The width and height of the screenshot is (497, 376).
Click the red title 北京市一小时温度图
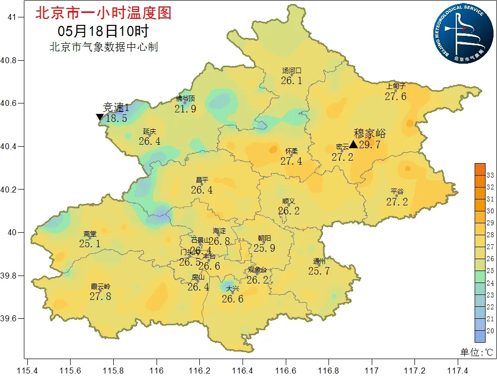(x=103, y=13)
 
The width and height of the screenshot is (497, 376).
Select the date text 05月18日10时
(x=103, y=31)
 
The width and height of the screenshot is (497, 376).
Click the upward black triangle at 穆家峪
(x=353, y=144)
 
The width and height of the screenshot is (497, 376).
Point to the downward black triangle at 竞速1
(x=100, y=117)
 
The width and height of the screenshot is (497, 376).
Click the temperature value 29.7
(x=370, y=145)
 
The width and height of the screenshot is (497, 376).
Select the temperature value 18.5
(x=117, y=118)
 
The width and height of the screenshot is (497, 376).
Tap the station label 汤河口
(x=292, y=71)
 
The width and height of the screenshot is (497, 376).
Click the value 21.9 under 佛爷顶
(x=185, y=108)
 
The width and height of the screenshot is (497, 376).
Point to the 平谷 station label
(x=397, y=191)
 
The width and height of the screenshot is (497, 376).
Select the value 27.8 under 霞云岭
(x=100, y=296)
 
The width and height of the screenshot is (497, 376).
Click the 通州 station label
(x=319, y=262)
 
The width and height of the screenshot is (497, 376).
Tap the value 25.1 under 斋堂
(x=90, y=244)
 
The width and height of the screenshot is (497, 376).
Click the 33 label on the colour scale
(x=490, y=176)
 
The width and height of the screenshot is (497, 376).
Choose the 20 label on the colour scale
(x=490, y=331)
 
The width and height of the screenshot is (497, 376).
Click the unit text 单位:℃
(x=476, y=352)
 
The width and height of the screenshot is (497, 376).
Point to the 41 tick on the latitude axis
(x=12, y=17)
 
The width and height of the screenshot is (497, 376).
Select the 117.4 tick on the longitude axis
(x=458, y=371)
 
